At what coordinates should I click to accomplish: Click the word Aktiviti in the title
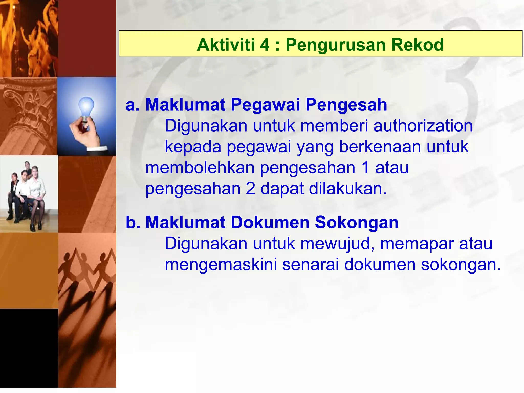click(x=226, y=45)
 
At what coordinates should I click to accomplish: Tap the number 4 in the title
click(x=265, y=45)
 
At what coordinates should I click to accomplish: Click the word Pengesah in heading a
click(x=346, y=105)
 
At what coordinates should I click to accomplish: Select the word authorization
click(x=423, y=126)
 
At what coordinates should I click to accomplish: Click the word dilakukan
click(x=348, y=189)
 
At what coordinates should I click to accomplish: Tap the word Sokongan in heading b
click(x=357, y=222)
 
